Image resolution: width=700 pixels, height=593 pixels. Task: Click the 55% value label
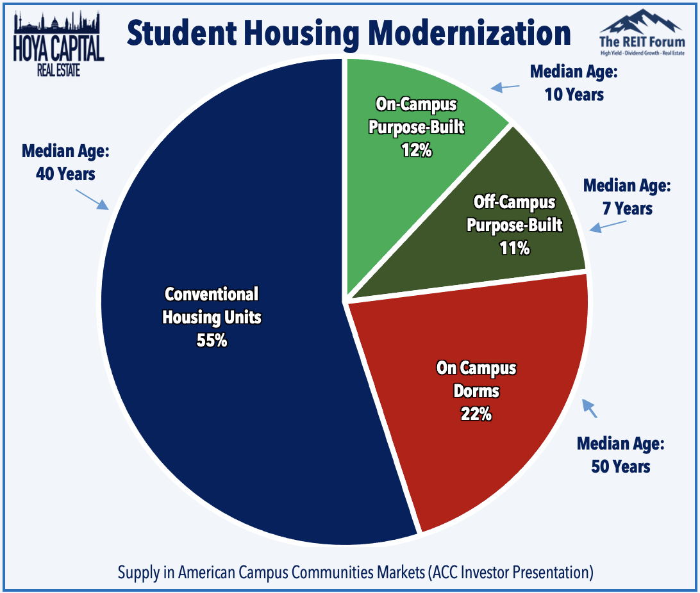click(x=212, y=340)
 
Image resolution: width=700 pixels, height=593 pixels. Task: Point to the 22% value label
click(x=476, y=414)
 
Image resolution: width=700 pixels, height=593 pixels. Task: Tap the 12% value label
click(x=417, y=150)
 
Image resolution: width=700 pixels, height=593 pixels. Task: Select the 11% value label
click(x=515, y=248)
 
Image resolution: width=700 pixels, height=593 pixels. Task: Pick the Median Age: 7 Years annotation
click(x=626, y=197)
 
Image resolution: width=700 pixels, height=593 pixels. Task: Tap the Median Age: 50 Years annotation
click(x=620, y=454)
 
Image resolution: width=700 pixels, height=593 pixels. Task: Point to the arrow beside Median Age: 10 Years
click(x=504, y=86)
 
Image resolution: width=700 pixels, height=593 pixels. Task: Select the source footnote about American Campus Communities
click(x=355, y=572)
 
